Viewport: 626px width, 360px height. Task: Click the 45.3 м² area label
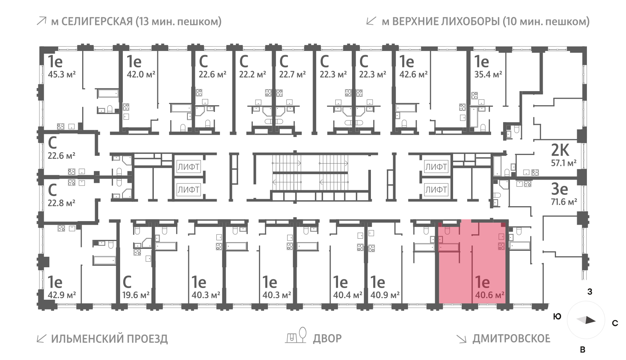61,74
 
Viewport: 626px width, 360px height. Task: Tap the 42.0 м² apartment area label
141,74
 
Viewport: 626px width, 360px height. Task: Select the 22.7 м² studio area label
292,74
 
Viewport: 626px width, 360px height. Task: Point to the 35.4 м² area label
488,74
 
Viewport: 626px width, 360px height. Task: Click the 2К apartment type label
560,150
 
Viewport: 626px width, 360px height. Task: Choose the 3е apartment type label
559,189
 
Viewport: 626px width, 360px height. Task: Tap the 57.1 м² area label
563,163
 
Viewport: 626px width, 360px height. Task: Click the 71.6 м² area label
564,202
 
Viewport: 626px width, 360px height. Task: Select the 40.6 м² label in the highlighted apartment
489,295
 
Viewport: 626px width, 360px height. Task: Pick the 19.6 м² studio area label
136,295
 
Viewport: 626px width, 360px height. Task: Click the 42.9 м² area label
62,295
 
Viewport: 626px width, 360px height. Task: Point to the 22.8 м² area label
61,203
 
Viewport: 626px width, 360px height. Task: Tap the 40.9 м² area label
385,295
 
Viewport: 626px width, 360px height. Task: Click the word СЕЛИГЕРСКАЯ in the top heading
97,21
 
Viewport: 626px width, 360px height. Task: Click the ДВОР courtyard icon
296,336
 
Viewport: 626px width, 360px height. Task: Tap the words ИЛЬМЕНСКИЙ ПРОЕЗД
110,338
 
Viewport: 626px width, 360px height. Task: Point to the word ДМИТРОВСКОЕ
511,338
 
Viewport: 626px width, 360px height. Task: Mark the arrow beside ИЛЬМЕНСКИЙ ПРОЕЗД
41,338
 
